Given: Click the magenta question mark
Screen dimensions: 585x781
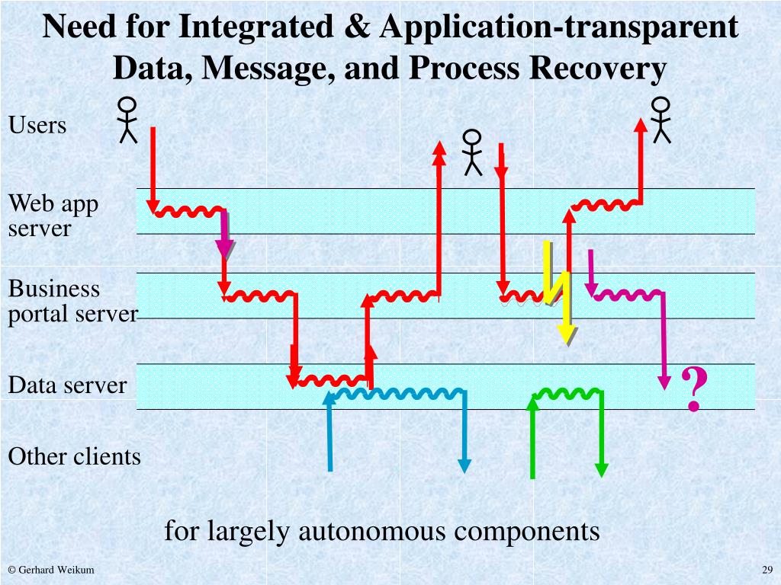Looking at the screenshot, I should point(693,389).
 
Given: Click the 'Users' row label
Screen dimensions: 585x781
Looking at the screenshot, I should point(37,125).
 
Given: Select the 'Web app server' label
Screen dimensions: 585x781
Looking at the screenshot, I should point(53,216).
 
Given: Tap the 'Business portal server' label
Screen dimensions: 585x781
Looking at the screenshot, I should point(72,301).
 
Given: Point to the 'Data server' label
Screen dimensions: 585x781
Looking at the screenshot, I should point(67,385).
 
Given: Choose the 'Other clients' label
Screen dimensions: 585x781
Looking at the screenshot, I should point(74,457).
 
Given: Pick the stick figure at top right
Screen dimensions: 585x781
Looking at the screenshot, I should point(660,120).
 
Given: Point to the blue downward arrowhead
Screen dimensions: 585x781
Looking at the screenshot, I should point(463,465).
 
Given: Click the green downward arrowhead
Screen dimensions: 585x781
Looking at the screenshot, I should point(602,469).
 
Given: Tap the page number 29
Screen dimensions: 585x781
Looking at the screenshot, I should point(767,571).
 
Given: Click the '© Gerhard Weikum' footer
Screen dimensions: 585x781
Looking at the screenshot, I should point(51,571).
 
